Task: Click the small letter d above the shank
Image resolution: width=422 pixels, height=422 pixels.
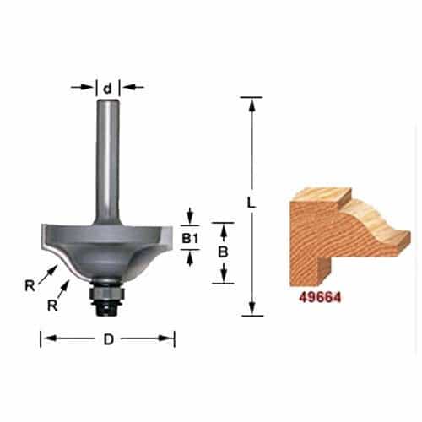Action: pos(108,87)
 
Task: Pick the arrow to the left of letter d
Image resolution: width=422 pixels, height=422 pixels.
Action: pos(89,87)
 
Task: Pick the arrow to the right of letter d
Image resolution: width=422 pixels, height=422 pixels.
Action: pos(128,87)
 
